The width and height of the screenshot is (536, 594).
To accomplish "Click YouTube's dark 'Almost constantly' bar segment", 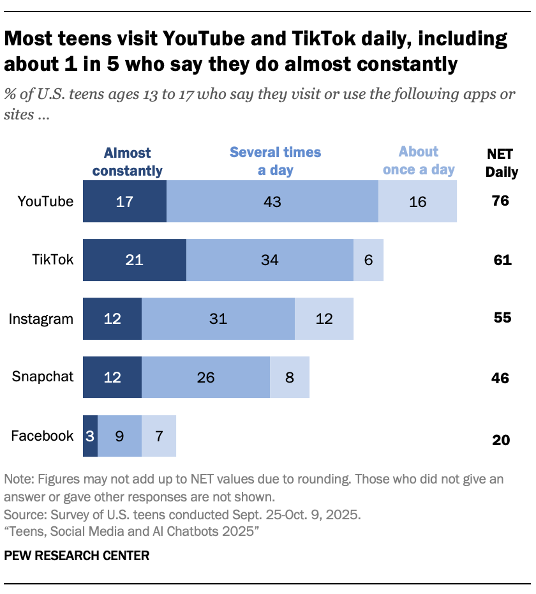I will [x=124, y=201].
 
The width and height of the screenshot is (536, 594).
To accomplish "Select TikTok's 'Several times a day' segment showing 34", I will [x=269, y=260].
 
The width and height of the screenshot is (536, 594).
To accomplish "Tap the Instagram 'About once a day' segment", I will [x=324, y=319].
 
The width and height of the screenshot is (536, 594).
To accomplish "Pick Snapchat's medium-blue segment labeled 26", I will [x=205, y=377].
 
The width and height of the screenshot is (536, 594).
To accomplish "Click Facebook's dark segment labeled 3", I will [x=90, y=436].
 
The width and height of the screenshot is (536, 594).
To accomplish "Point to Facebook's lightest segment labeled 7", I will [x=158, y=436].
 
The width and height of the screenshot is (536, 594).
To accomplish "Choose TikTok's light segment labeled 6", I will [x=368, y=260].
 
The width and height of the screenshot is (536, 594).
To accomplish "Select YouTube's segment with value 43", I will [x=272, y=201].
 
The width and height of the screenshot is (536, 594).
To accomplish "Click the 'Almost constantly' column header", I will [x=127, y=162].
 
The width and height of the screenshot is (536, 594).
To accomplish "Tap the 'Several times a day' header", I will [x=275, y=161].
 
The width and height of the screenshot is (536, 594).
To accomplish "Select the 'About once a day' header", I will [x=419, y=160].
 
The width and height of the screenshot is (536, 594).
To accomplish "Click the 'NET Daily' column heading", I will [x=501, y=163].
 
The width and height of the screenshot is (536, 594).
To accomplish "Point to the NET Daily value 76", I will [x=501, y=201].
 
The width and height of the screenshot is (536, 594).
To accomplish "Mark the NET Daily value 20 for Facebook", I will [x=501, y=439].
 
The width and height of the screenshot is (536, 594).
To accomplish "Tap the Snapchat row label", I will [x=43, y=377].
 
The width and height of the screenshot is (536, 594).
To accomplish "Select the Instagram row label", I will [x=41, y=319].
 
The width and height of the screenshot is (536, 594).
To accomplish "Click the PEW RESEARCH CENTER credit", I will [x=77, y=556].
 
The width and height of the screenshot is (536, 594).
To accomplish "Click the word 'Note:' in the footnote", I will [x=19, y=479].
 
